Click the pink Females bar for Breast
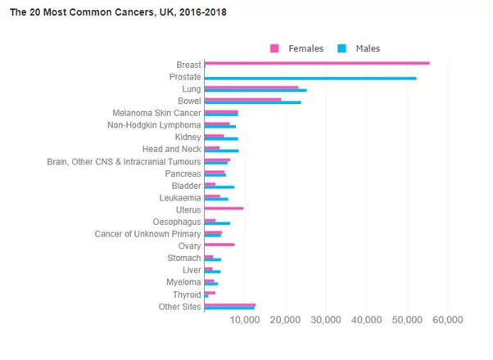click(317, 63)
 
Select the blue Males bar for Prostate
click(310, 78)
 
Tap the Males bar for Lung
click(256, 90)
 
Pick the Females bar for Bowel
click(242, 100)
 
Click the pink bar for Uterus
click(224, 209)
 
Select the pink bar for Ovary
click(219, 245)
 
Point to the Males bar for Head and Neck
click(221, 151)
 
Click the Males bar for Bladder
click(219, 187)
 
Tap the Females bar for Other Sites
click(229, 304)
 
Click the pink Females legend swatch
click(275, 49)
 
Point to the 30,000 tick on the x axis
click(326, 319)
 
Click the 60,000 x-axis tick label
click(447, 319)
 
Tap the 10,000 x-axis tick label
click(245, 319)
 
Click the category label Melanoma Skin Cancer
click(156, 113)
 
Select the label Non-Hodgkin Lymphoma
click(154, 125)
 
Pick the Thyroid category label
click(185, 295)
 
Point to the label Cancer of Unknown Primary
click(147, 234)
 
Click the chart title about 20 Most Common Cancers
click(118, 13)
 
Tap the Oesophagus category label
click(177, 222)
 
